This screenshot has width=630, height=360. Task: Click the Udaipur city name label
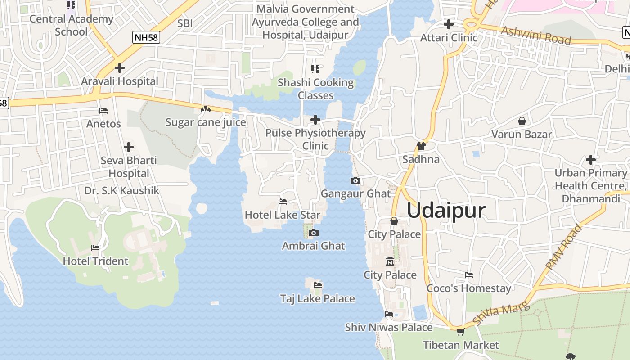pos(446,210)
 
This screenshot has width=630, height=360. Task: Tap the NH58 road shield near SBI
pos(146,37)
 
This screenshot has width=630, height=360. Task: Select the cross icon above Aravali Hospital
pos(120,68)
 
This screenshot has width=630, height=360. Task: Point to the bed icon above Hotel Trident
pos(95,247)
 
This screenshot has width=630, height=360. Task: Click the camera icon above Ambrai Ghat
pos(314,233)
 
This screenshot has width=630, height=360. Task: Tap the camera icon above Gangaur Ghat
pos(355,180)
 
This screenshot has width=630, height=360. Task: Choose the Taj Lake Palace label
pos(317,298)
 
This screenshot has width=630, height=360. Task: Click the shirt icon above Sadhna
pos(421,146)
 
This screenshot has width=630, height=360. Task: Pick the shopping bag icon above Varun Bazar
pos(522,121)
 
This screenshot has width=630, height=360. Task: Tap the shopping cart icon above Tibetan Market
pos(460,332)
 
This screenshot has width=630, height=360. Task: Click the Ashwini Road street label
pos(535,36)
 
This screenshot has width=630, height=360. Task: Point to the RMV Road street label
pos(563,247)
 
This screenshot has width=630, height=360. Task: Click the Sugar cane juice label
pos(206,122)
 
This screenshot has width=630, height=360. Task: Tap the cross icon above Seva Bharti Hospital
pos(129,147)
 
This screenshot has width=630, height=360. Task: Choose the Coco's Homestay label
pos(468,288)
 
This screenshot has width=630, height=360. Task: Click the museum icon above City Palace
pos(390,261)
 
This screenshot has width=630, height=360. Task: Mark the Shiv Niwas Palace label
pos(388,327)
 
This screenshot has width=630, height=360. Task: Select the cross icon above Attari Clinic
pos(448,24)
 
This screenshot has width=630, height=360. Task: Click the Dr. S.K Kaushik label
pos(121,191)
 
